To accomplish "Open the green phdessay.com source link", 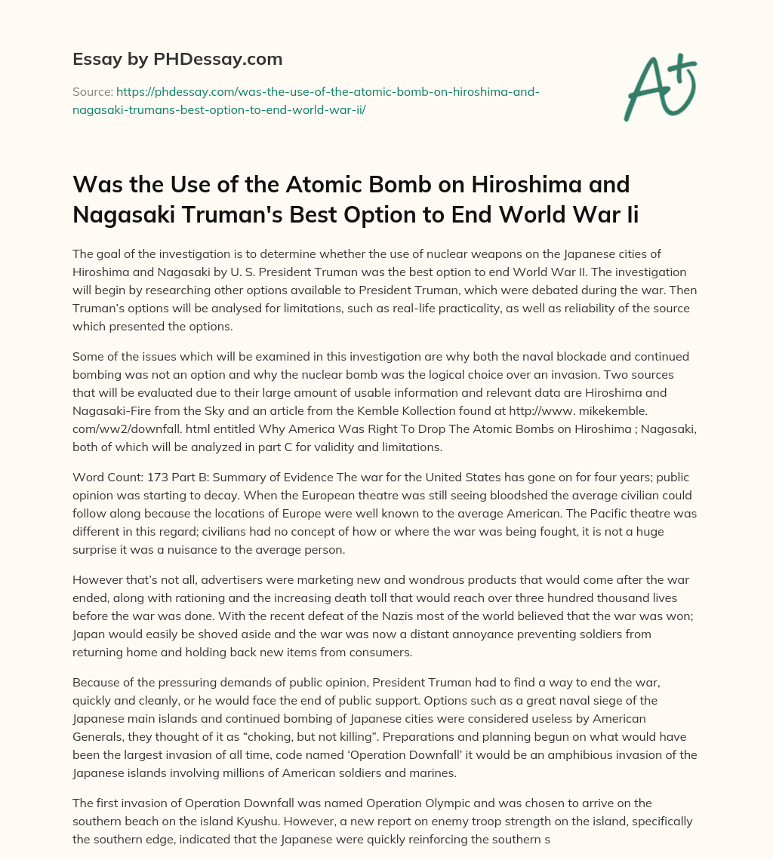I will (306, 100).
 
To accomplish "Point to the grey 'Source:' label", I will (92, 91).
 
